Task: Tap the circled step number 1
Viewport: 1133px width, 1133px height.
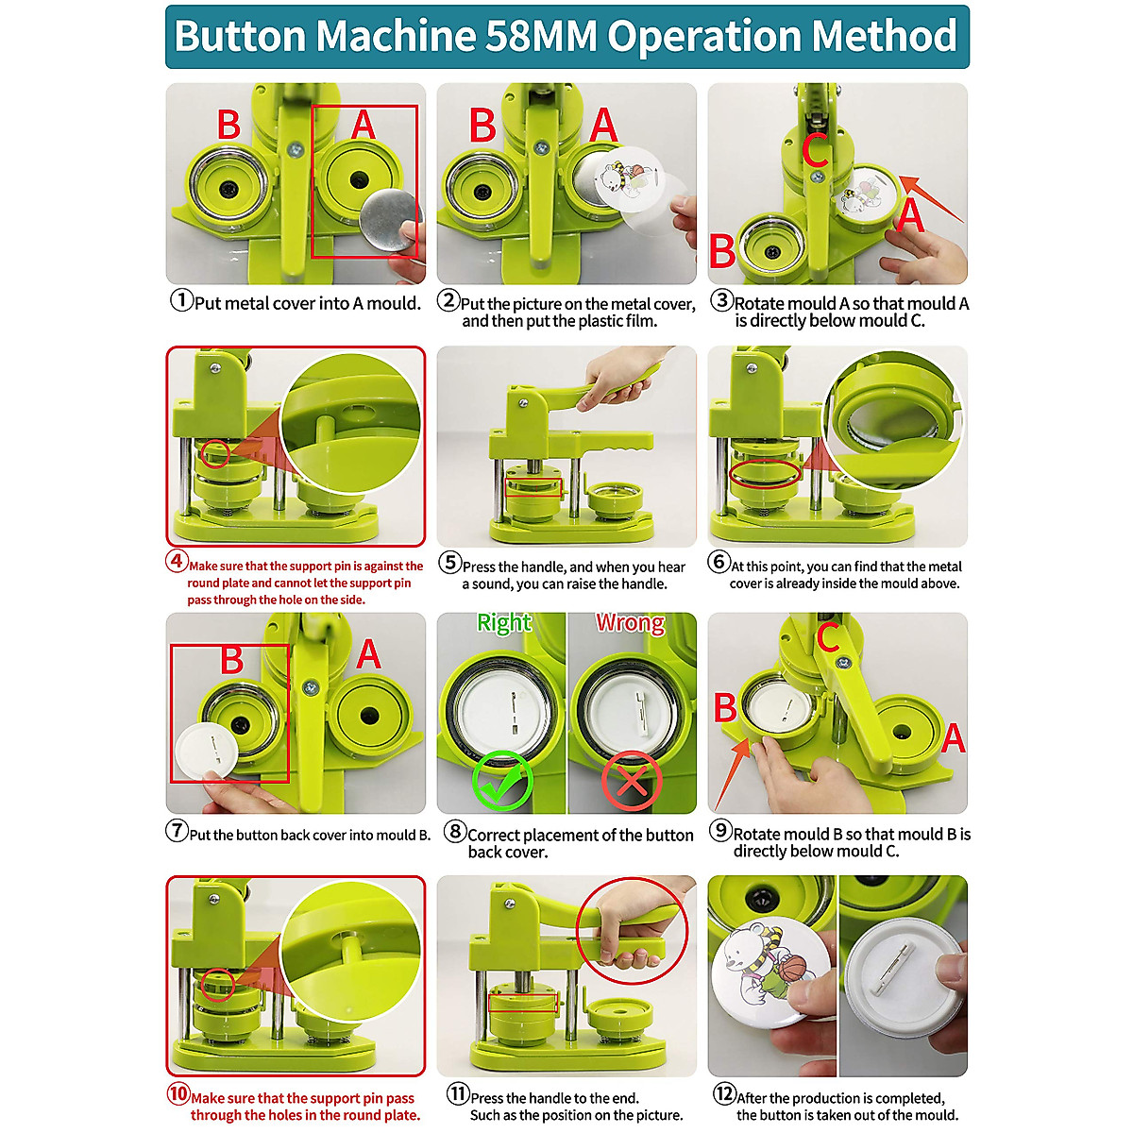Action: [x=181, y=301]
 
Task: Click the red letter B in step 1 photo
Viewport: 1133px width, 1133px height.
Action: [x=228, y=125]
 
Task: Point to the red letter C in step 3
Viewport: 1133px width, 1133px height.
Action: [x=816, y=150]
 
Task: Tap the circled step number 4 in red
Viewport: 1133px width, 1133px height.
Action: [x=177, y=561]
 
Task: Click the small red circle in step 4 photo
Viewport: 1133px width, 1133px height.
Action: [x=215, y=454]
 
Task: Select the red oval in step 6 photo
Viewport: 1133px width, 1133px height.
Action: [x=765, y=472]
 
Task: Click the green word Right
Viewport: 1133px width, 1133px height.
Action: [x=504, y=623]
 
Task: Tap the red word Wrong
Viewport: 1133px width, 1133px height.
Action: [x=630, y=623]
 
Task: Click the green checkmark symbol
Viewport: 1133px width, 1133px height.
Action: [x=502, y=781]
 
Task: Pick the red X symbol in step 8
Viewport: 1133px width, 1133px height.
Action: [x=632, y=781]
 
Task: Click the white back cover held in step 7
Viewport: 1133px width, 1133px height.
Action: [x=207, y=750]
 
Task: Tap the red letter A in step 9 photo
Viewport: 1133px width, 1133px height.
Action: [x=954, y=737]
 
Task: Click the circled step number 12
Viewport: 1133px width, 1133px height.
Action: [x=724, y=1094]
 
